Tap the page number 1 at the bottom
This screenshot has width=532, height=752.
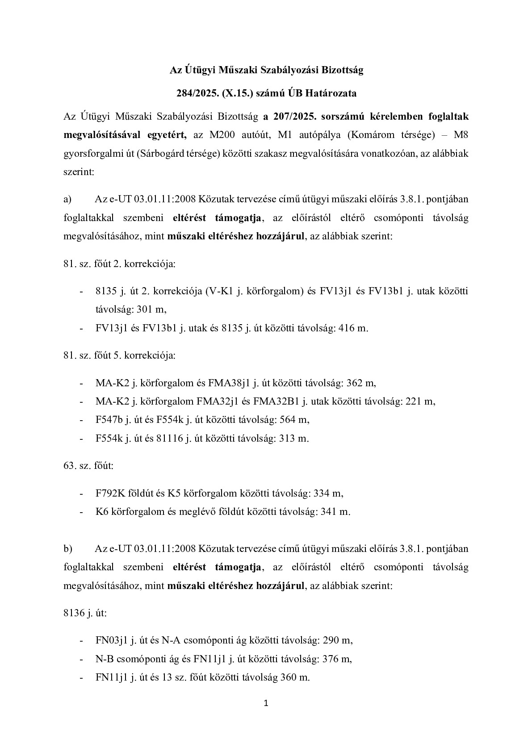pyautogui.click(x=266, y=704)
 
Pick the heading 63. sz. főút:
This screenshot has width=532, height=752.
pyautogui.click(x=88, y=466)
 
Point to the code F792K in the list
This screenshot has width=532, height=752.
pyautogui.click(x=110, y=493)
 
